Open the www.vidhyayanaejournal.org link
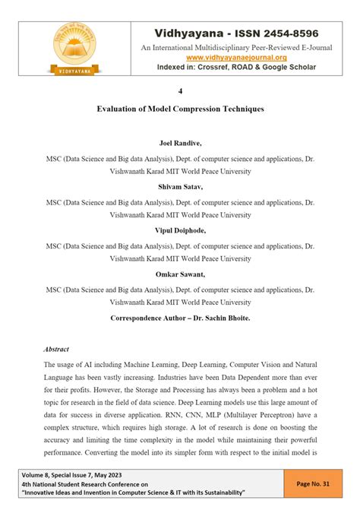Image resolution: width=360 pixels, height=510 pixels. click(236, 58)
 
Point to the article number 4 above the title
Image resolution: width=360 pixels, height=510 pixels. click(180, 91)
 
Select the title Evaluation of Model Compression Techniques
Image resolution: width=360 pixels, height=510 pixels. click(180, 109)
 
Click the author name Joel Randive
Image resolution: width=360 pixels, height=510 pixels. click(180, 143)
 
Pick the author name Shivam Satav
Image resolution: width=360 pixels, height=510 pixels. click(180, 187)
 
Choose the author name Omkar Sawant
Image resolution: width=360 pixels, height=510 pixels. click(180, 274)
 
